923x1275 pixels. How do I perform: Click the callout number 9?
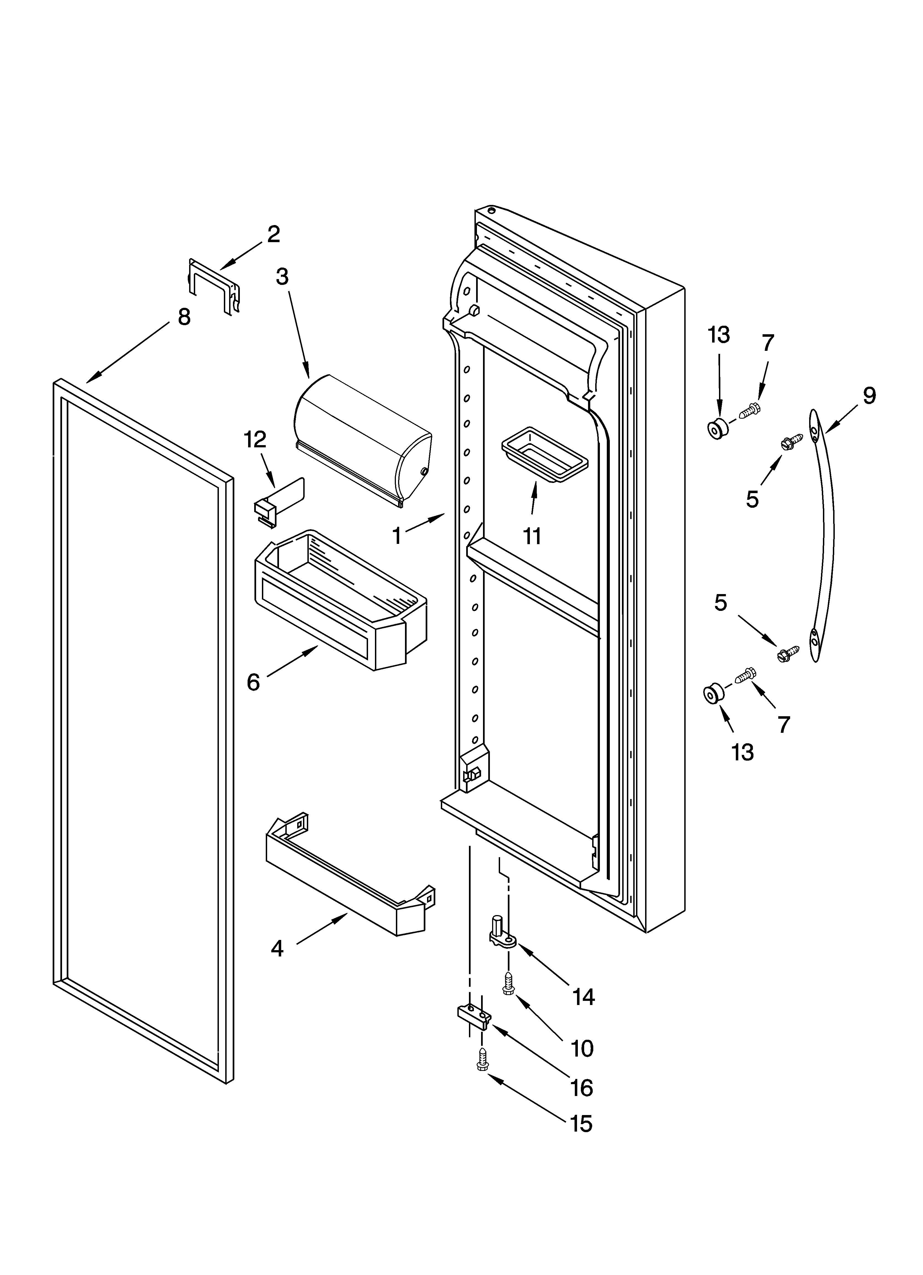[x=869, y=396]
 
